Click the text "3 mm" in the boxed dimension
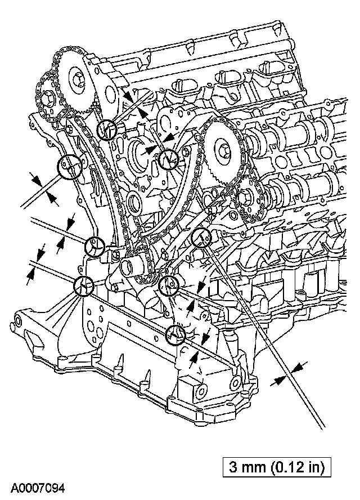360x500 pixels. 248,466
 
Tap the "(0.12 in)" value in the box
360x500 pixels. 298,466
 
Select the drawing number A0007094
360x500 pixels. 37,488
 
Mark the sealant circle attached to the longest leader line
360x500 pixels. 201,238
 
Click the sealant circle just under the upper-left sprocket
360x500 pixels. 107,130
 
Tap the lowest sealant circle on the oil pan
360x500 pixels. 176,335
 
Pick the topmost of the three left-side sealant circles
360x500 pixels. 70,167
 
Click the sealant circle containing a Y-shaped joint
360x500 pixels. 94,246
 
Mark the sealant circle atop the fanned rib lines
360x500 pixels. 84,286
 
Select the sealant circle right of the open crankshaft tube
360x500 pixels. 168,286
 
